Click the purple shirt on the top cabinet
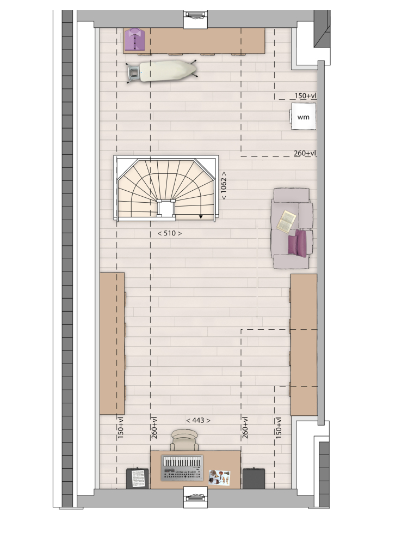(134, 39)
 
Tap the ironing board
(162, 71)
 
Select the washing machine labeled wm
(303, 117)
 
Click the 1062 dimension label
(224, 185)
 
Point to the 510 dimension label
(169, 233)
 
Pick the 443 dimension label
(198, 420)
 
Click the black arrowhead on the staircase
(201, 217)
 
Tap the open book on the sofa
(286, 221)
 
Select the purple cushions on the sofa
(298, 243)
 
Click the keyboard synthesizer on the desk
(182, 468)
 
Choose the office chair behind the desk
(184, 440)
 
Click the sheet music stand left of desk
(138, 479)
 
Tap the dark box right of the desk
(254, 479)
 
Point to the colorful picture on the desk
(219, 477)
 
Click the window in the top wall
(196, 19)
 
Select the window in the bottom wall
(196, 497)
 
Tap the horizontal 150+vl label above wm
(305, 95)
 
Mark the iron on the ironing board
(134, 72)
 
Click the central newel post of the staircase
(166, 209)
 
